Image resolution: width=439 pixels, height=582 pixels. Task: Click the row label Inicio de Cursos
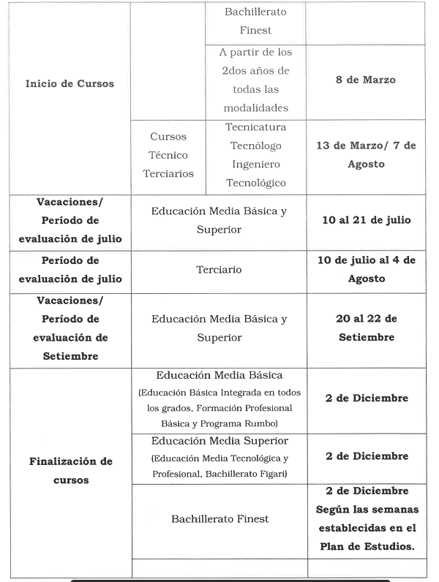click(x=70, y=83)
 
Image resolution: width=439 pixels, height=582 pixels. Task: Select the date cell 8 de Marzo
click(x=365, y=79)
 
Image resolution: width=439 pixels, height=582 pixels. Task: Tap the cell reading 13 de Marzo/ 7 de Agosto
click(x=365, y=154)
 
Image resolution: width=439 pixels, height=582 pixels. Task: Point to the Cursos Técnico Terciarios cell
click(x=168, y=155)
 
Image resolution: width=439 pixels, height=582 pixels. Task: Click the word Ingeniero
click(x=255, y=165)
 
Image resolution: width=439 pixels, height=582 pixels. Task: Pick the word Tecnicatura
click(x=255, y=127)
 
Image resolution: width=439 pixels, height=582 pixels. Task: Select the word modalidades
click(x=255, y=107)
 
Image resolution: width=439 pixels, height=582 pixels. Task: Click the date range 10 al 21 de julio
click(x=365, y=219)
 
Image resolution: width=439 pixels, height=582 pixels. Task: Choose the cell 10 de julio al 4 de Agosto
click(x=365, y=269)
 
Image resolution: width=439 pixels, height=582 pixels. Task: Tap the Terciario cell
click(x=219, y=270)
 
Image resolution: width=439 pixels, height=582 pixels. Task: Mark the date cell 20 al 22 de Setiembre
click(x=365, y=328)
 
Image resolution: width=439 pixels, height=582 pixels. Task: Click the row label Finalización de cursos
click(x=70, y=471)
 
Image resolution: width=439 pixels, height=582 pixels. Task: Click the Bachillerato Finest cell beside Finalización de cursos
click(x=219, y=519)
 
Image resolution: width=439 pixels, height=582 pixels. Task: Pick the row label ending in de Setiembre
click(x=71, y=328)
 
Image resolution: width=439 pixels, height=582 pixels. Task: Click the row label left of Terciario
click(x=71, y=269)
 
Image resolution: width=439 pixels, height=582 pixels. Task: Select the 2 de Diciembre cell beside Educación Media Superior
click(x=365, y=456)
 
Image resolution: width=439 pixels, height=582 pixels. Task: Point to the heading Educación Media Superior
click(x=219, y=442)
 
